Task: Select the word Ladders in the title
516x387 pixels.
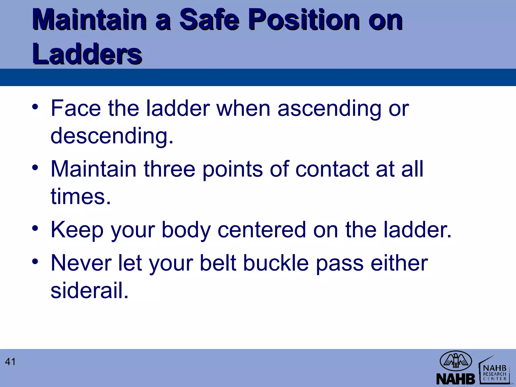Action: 87,53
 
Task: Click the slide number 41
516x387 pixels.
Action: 10,362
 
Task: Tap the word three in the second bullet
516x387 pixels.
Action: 169,169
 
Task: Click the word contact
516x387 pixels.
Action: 332,169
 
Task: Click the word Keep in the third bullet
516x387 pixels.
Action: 77,230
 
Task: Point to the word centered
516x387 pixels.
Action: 262,230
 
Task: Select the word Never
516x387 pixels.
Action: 81,263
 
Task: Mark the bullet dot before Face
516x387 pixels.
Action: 35,107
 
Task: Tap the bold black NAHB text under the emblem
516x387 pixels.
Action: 456,378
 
